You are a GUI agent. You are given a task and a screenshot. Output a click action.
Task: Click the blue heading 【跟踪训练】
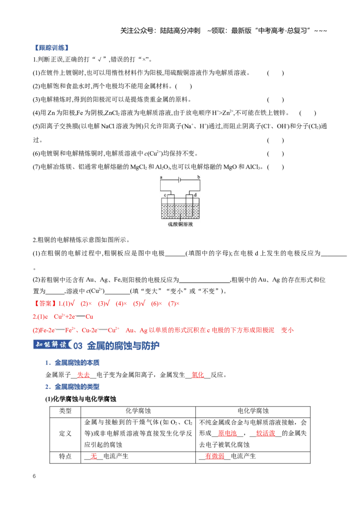click(x=52, y=48)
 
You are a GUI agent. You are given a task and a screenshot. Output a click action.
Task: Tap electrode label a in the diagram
click(x=161, y=177)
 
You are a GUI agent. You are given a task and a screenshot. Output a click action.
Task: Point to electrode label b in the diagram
click(x=198, y=177)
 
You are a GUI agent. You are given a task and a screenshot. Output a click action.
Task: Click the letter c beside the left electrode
click(x=165, y=195)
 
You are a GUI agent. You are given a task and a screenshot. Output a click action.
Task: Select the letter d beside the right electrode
click(x=195, y=195)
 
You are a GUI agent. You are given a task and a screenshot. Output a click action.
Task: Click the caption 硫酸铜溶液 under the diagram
click(x=180, y=224)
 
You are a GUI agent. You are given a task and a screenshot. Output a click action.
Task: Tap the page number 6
click(x=34, y=476)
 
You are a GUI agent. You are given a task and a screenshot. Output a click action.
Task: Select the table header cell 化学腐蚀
click(x=138, y=411)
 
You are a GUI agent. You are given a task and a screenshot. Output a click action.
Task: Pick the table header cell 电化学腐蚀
click(x=253, y=411)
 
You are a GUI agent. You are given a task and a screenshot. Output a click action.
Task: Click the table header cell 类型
click(x=65, y=411)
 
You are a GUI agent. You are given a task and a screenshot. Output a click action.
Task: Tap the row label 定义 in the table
click(x=65, y=433)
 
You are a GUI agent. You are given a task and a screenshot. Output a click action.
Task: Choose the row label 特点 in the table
click(x=65, y=456)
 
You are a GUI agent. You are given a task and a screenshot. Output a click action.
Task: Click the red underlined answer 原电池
click(x=227, y=433)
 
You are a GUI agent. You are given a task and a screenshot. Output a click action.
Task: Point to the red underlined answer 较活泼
click(x=266, y=433)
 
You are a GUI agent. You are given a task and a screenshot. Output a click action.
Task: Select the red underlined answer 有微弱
click(x=215, y=456)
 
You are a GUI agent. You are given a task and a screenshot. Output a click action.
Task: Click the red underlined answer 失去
click(x=84, y=375)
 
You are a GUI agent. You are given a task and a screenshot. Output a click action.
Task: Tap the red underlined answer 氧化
click(x=198, y=375)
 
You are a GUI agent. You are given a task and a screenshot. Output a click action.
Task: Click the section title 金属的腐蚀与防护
click(x=123, y=346)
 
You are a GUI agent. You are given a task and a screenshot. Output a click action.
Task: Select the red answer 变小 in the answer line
click(x=287, y=330)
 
